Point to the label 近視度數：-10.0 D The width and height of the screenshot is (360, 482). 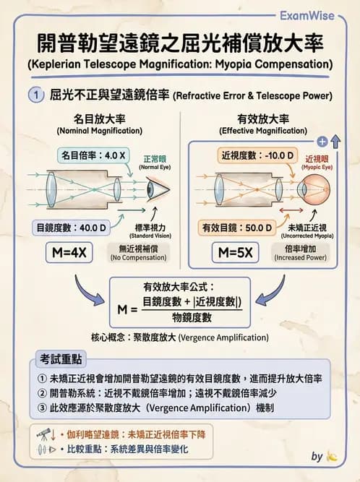(x=249, y=155)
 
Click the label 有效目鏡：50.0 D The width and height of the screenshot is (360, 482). (x=237, y=228)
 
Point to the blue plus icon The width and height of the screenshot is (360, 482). (x=322, y=142)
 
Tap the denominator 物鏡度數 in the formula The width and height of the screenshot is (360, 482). (x=192, y=318)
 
